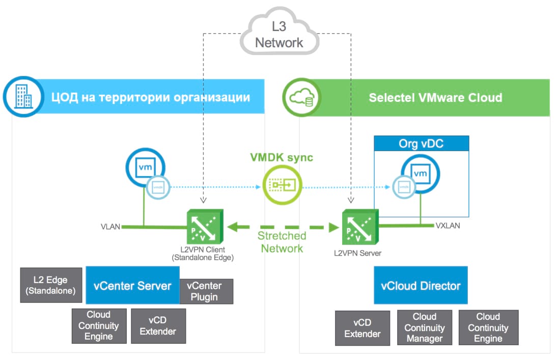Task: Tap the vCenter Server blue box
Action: coord(132,286)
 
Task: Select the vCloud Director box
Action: coord(421,286)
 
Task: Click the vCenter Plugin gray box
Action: coord(207,291)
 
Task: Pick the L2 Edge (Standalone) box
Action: coord(51,286)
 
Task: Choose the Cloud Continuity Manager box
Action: coord(425,328)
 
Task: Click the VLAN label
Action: coord(110,227)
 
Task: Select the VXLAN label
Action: coord(448,225)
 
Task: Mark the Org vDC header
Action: coord(421,144)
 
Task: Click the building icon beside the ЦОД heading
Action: coord(20,97)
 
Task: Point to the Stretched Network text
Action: coord(282,242)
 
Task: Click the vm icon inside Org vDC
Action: coord(420,174)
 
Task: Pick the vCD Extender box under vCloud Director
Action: coord(362,328)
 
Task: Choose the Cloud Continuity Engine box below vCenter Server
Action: coord(99,326)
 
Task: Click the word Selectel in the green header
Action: coord(390,97)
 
